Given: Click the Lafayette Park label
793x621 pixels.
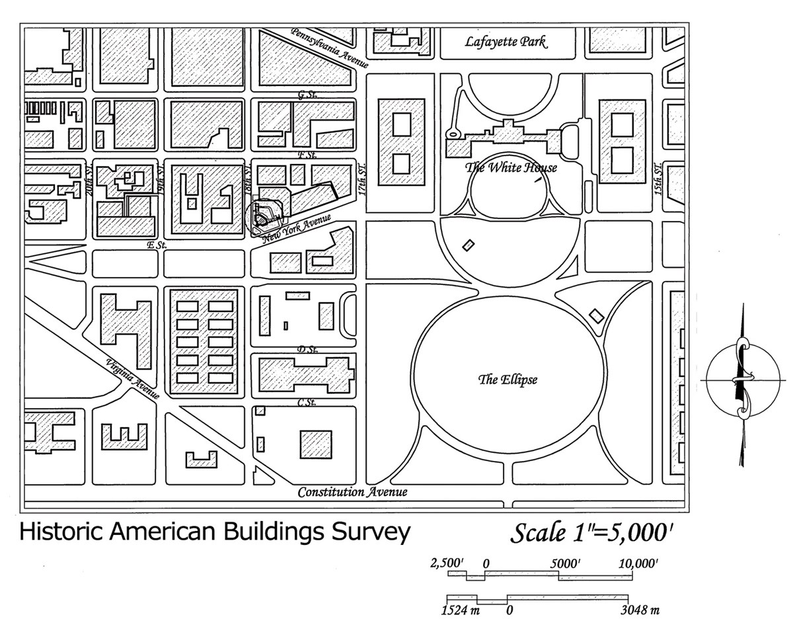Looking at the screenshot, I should click(x=506, y=42).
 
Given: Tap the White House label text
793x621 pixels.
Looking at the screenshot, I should click(x=511, y=167).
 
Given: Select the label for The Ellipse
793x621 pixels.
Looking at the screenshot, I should click(x=508, y=380).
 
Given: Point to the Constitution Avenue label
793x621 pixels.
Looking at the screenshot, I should click(x=352, y=492).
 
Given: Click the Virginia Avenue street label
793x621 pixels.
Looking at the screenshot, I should click(x=132, y=378).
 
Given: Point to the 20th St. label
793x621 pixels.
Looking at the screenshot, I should click(x=89, y=179).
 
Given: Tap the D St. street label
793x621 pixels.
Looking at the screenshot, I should click(x=306, y=349).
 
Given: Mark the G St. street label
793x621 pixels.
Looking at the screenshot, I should click(x=307, y=95).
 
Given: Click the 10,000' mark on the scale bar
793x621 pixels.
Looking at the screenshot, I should click(x=638, y=563).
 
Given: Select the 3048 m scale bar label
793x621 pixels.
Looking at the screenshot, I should click(x=638, y=610).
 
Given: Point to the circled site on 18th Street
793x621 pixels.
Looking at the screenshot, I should click(x=264, y=215).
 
